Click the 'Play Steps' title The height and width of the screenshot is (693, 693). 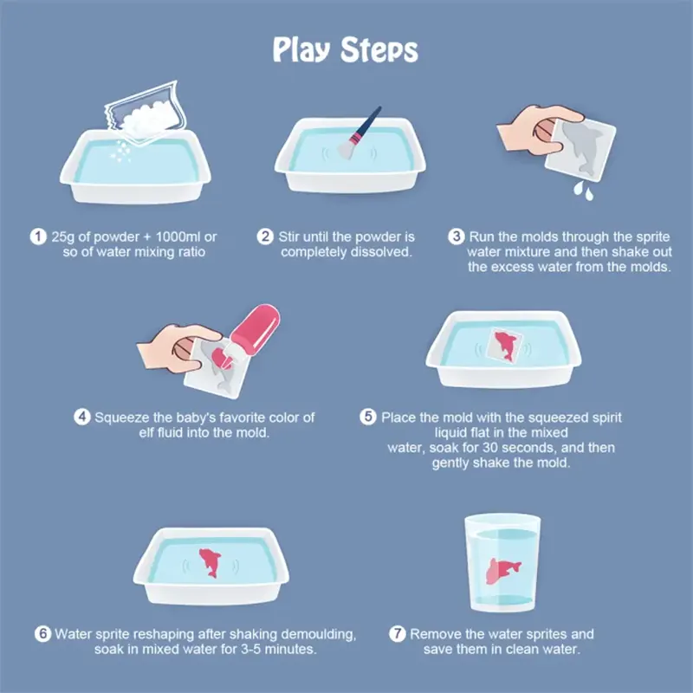pos(345,49)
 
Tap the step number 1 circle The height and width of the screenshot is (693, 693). pos(38,236)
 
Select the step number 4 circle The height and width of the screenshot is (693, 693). pos(82,417)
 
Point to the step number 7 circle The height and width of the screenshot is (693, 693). pos(398,634)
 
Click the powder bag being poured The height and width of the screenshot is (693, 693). pos(146,113)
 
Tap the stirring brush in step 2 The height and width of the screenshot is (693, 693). pos(359,133)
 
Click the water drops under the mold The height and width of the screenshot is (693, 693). pos(583,191)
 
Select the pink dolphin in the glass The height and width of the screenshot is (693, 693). pos(503,571)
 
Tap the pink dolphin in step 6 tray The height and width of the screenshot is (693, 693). pos(210,562)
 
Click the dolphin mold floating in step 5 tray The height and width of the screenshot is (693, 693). pos(505,345)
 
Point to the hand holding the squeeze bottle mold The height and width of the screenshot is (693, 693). pos(179,348)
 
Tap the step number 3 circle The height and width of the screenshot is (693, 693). pos(457,236)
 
